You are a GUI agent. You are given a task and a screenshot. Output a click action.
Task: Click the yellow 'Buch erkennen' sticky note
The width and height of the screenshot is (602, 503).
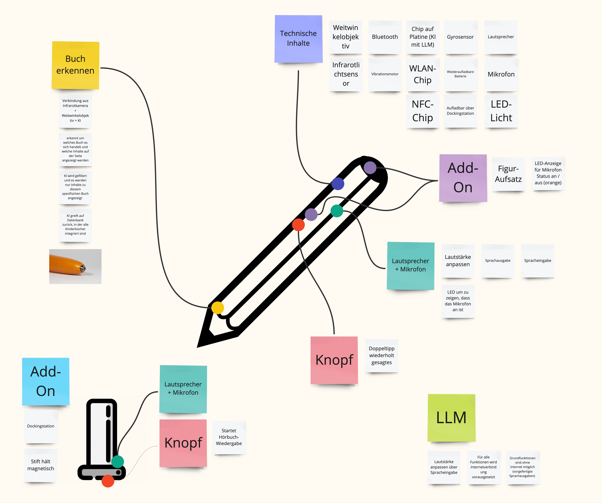pyautogui.click(x=75, y=65)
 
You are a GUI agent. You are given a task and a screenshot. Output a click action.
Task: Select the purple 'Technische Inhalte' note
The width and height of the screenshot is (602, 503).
pyautogui.click(x=298, y=39)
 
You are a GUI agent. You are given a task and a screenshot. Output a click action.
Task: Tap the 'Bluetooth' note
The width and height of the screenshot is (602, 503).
pyautogui.click(x=385, y=37)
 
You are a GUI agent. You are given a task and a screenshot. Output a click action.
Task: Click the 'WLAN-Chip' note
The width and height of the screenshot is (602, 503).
pyautogui.click(x=423, y=74)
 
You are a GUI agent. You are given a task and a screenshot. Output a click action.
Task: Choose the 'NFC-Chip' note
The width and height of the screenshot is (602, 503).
pyautogui.click(x=423, y=111)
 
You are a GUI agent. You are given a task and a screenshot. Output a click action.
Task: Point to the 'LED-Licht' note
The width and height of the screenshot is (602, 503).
pyautogui.click(x=501, y=111)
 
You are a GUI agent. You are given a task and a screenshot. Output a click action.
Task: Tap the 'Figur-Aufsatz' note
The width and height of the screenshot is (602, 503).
pyautogui.click(x=508, y=174)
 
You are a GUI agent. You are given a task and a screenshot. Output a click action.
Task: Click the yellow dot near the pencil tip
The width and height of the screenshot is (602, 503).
pyautogui.click(x=218, y=308)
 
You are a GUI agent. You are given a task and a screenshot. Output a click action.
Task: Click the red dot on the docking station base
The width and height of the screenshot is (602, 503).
pyautogui.click(x=108, y=481)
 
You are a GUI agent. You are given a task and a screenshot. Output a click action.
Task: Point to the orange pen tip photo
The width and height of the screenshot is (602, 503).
pyautogui.click(x=75, y=266)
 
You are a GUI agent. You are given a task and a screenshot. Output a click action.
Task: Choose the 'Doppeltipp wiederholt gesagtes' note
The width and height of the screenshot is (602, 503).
pyautogui.click(x=382, y=356)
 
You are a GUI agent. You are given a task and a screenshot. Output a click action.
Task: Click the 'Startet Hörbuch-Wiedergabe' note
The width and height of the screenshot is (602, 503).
pyautogui.click(x=229, y=437)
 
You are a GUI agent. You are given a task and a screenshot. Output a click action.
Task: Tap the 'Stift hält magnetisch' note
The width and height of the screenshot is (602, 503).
pyautogui.click(x=41, y=465)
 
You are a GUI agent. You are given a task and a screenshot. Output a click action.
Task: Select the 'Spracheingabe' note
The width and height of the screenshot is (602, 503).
pyautogui.click(x=537, y=261)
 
